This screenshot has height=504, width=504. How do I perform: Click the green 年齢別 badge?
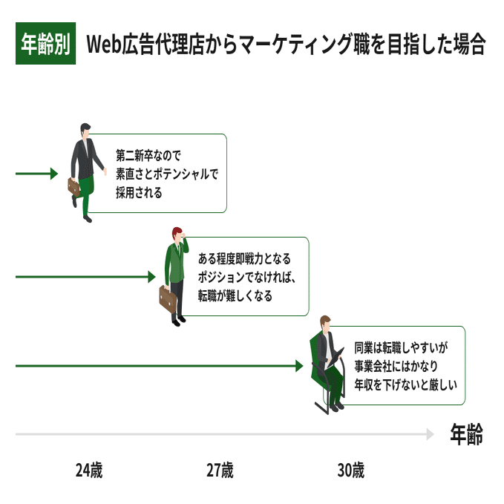(x=45, y=43)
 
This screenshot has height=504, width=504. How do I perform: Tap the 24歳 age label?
(x=89, y=471)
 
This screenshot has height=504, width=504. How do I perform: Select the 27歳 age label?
(x=220, y=471)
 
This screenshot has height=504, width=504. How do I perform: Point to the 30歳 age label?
(x=351, y=471)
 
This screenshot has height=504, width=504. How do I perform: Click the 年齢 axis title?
(x=467, y=434)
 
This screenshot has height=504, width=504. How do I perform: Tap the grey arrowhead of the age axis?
(x=430, y=434)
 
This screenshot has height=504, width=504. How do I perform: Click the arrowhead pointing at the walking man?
(x=54, y=174)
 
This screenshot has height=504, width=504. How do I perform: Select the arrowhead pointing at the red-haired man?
(x=151, y=277)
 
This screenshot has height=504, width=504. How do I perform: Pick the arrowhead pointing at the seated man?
(x=299, y=366)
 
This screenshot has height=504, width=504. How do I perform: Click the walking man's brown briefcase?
(x=74, y=187)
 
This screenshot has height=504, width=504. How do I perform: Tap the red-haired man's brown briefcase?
(x=168, y=299)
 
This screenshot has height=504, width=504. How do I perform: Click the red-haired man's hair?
(x=177, y=233)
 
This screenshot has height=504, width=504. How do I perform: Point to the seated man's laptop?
(x=336, y=358)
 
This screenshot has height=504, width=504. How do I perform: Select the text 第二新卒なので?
(x=148, y=156)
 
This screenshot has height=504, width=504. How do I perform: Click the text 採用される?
(x=139, y=193)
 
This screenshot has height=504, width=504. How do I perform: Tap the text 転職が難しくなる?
(x=235, y=295)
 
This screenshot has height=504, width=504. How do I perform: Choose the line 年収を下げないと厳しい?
(x=405, y=384)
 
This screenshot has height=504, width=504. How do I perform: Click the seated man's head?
(x=325, y=324)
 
